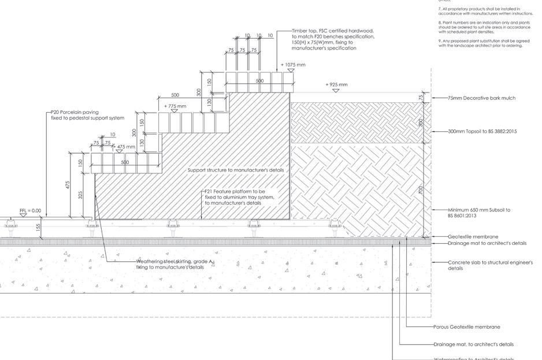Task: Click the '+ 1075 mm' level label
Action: click(294, 65)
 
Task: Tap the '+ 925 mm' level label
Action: click(336, 85)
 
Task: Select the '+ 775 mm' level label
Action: click(175, 106)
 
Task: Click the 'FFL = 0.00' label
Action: click(30, 211)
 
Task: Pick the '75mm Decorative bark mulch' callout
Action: click(481, 98)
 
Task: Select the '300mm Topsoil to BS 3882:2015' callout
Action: click(482, 132)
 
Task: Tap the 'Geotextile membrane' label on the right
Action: click(473, 237)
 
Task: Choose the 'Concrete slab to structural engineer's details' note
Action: click(490, 265)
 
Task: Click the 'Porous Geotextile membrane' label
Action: click(467, 327)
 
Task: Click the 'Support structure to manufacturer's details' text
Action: click(236, 170)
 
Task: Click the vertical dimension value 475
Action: click(68, 185)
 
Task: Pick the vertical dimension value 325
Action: click(80, 195)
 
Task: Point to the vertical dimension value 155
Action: click(39, 228)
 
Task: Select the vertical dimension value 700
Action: click(421, 190)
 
